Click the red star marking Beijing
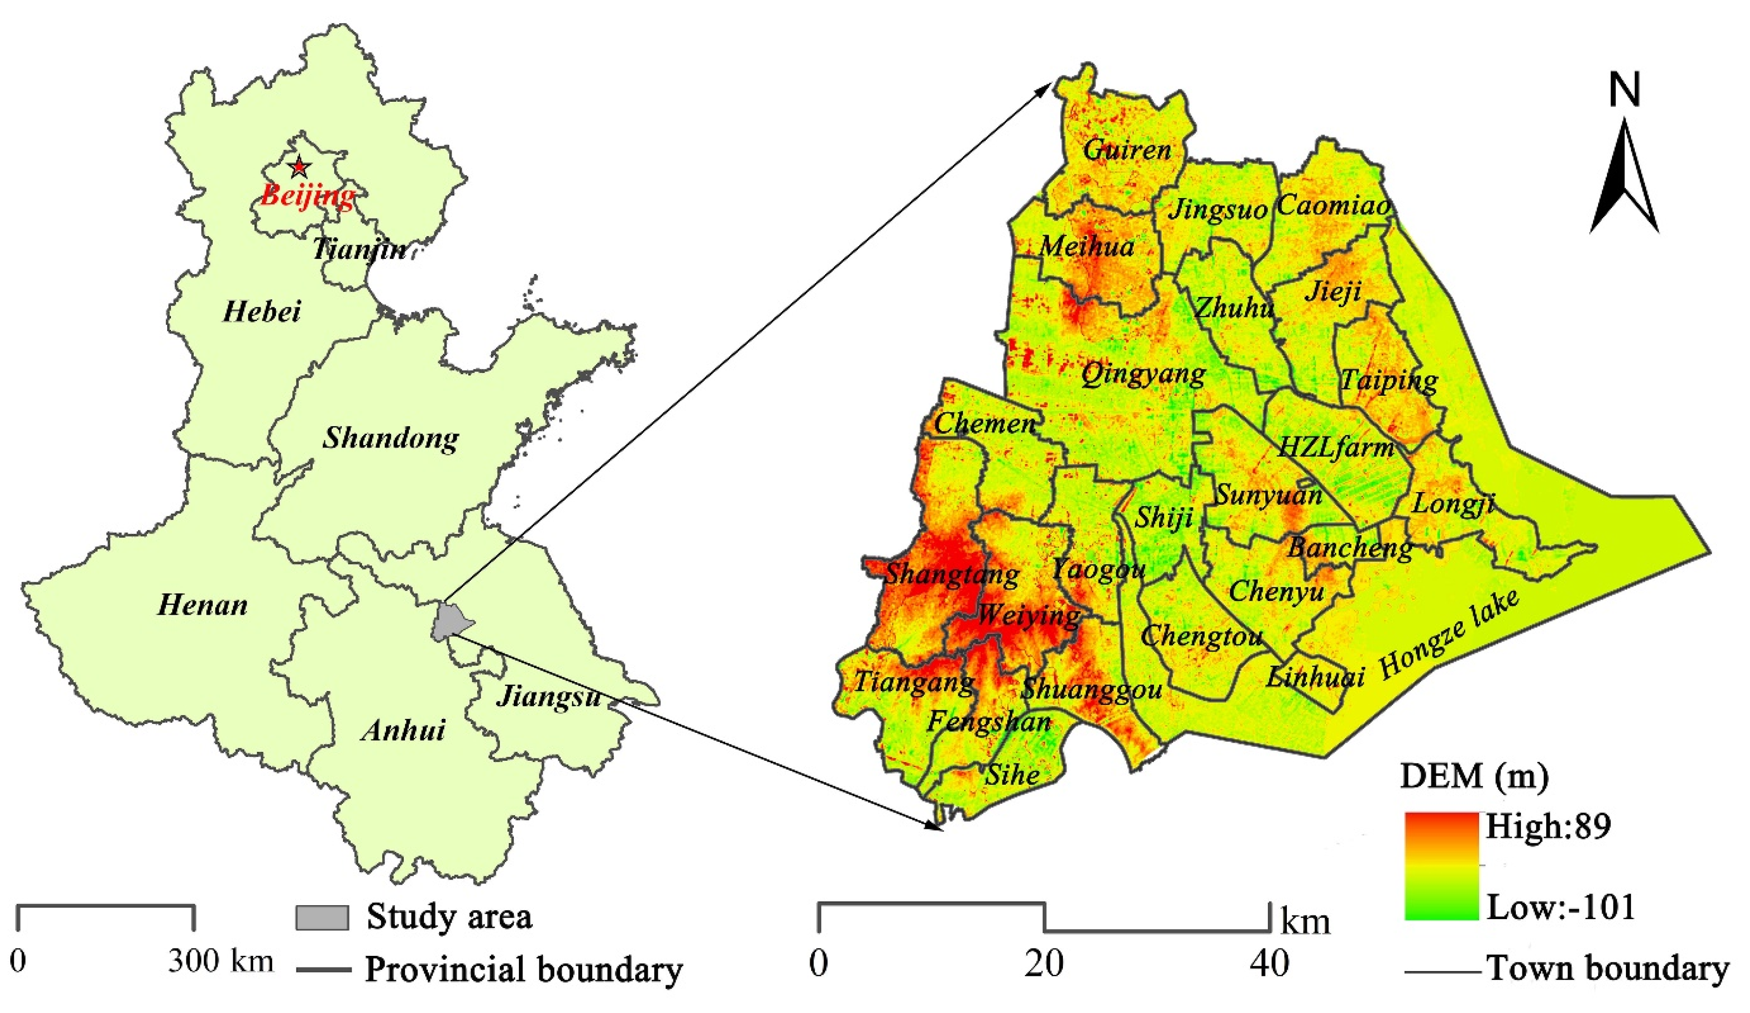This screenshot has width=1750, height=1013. (299, 167)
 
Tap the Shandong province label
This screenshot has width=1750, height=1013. (390, 438)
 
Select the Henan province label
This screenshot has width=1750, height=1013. (202, 605)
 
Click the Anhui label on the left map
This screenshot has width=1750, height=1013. (403, 730)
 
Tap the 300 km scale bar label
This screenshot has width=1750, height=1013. (221, 961)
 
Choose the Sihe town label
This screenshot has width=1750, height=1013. (1012, 775)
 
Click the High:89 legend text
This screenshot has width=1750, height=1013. (1548, 827)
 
